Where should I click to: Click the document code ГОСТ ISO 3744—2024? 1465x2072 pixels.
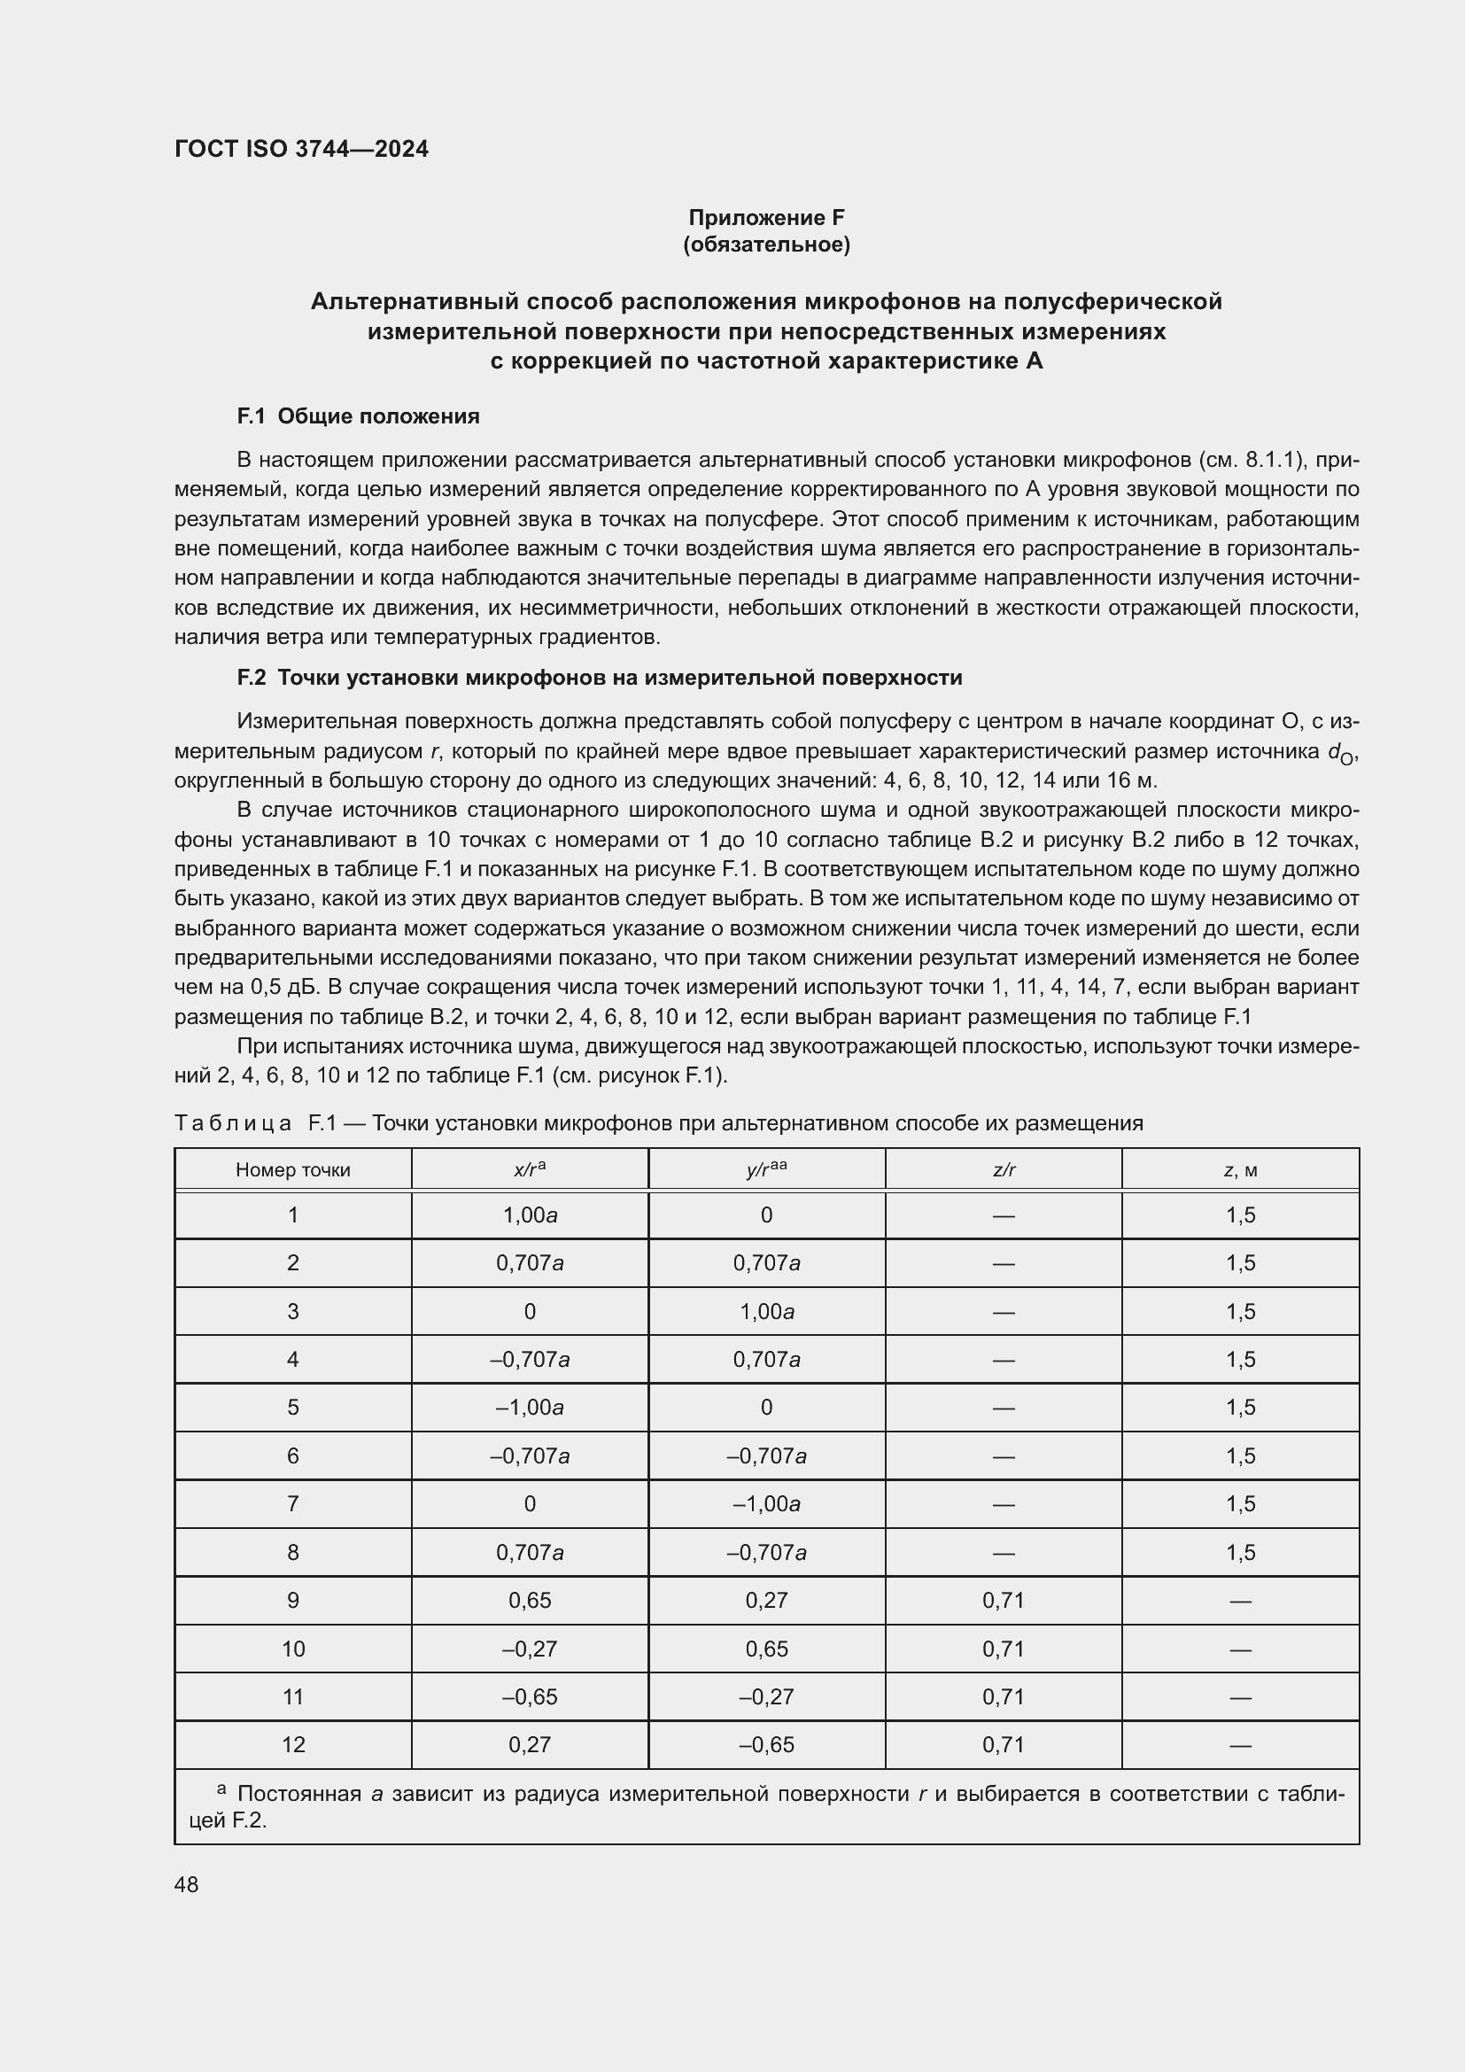click(x=301, y=150)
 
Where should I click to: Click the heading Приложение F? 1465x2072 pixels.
click(x=766, y=218)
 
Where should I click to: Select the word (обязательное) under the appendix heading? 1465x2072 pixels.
click(x=766, y=245)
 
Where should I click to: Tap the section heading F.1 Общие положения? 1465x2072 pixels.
click(x=358, y=417)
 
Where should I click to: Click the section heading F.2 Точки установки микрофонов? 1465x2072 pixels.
click(x=599, y=678)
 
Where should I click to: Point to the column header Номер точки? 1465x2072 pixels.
click(x=292, y=1170)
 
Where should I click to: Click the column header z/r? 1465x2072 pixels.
click(x=1004, y=1170)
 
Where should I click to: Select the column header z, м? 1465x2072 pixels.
click(x=1240, y=1170)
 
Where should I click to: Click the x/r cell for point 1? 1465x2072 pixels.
click(x=530, y=1215)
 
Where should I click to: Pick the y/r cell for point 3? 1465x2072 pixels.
click(x=767, y=1312)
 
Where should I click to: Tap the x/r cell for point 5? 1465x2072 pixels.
click(x=530, y=1408)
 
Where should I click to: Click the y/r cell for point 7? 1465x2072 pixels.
click(x=767, y=1504)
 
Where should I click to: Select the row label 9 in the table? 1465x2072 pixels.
click(x=292, y=1601)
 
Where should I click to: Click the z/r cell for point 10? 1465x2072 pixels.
click(x=1004, y=1649)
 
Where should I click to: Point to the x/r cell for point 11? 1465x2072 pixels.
click(x=530, y=1697)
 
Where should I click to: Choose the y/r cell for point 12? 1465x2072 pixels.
click(x=767, y=1745)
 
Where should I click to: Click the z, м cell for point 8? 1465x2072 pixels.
click(x=1240, y=1553)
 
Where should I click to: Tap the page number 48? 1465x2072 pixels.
click(x=187, y=1885)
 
